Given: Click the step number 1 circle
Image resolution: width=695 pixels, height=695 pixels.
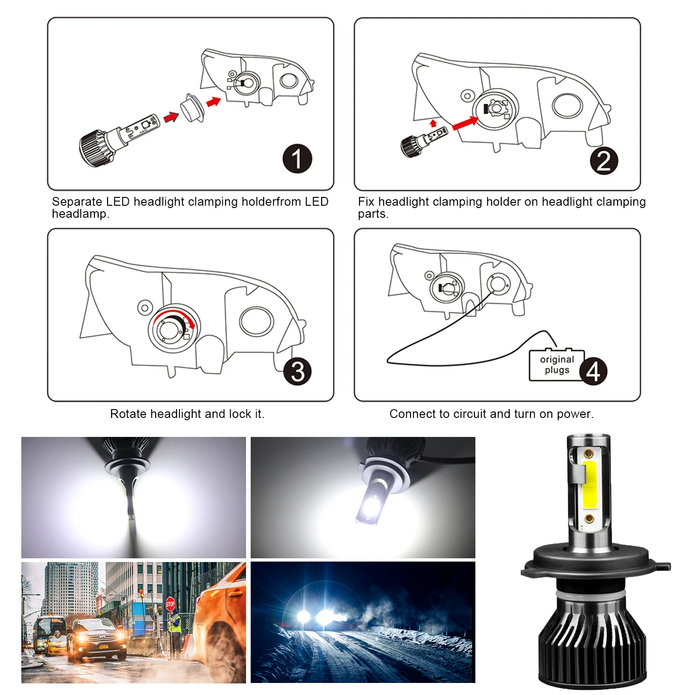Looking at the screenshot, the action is click(297, 159).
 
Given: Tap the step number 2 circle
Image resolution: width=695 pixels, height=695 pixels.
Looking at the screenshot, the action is click(604, 161).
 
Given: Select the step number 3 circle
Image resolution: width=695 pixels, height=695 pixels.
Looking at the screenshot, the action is click(297, 371).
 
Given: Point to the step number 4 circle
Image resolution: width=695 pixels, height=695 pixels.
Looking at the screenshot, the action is click(593, 371).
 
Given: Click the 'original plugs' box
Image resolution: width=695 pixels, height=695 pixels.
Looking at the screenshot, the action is click(557, 365).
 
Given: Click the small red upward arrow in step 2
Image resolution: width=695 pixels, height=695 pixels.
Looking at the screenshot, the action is click(433, 123).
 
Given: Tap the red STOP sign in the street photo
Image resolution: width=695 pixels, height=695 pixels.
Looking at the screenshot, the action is click(170, 604).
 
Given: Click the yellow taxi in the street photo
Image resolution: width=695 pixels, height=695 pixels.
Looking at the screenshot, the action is click(57, 644).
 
